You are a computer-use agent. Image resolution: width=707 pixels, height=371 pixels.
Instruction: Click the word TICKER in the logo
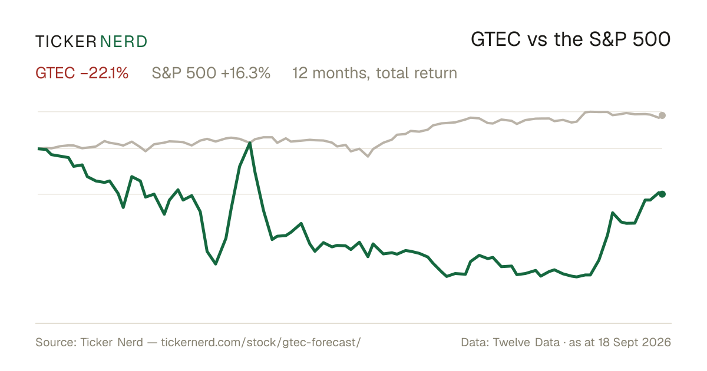click(x=65, y=42)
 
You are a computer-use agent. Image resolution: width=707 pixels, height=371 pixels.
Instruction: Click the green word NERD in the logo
click(x=123, y=42)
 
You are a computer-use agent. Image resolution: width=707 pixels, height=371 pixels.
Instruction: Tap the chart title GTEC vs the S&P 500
click(x=571, y=39)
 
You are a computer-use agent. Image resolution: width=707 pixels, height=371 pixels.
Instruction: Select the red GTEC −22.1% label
click(x=82, y=73)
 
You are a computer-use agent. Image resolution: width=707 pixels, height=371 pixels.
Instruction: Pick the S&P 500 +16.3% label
click(x=211, y=73)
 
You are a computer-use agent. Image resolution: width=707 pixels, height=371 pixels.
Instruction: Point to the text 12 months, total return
click(x=375, y=73)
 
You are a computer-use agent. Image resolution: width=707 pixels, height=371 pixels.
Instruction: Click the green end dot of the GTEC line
click(x=662, y=194)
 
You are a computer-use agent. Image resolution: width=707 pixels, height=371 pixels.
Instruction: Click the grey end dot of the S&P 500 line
click(x=662, y=115)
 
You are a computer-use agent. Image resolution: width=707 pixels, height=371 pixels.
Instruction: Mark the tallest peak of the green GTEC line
click(x=250, y=143)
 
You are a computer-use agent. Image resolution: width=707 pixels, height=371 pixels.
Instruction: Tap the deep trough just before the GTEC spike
click(x=216, y=264)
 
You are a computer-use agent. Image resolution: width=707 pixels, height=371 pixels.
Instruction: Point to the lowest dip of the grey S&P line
click(x=368, y=156)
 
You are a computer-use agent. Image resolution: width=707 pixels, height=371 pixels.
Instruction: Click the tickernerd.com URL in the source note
click(x=260, y=342)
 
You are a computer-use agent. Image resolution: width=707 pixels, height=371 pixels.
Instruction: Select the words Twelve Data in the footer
click(x=526, y=342)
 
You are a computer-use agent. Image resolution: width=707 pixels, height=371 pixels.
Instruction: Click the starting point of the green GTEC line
click(x=38, y=148)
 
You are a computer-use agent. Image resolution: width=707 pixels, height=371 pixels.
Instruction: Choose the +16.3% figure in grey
click(x=246, y=73)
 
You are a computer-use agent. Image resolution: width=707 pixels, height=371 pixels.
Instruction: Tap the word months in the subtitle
click(x=341, y=73)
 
